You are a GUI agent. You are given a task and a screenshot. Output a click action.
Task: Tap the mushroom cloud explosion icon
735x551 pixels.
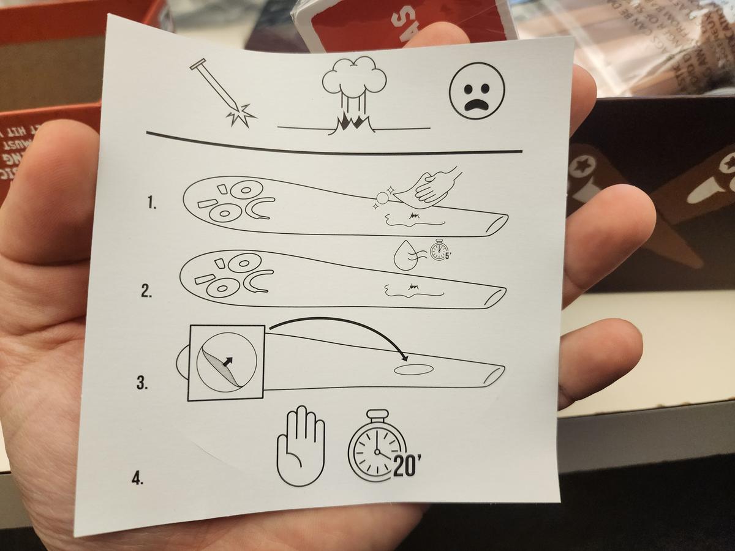click(354, 95)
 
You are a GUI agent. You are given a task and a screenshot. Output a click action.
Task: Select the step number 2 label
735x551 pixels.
click(146, 291)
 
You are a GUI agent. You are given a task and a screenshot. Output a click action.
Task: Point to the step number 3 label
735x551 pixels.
click(142, 384)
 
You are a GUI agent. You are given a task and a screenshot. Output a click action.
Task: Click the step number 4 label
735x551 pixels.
click(137, 478)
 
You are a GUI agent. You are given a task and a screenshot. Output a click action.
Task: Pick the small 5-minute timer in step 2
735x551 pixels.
click(439, 250)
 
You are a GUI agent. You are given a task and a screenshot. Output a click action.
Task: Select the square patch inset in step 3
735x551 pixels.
click(226, 362)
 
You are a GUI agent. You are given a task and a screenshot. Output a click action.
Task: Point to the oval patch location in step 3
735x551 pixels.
click(414, 370)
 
